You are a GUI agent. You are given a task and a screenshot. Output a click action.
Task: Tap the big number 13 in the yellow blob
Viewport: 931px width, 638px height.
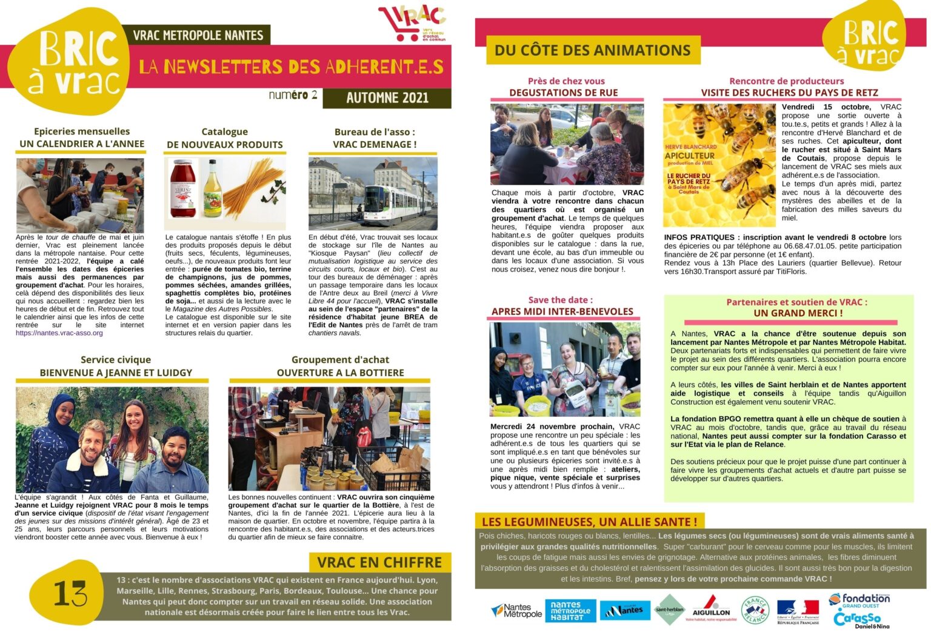(x=70, y=593)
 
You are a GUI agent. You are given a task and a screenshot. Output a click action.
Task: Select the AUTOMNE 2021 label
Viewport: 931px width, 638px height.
(x=387, y=98)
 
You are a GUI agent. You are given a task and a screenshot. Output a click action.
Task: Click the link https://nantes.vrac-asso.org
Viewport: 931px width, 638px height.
(x=59, y=333)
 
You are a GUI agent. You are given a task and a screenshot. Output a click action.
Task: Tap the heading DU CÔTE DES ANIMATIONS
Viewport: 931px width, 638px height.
(x=592, y=50)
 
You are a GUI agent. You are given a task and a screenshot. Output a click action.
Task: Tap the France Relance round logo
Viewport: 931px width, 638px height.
(x=755, y=610)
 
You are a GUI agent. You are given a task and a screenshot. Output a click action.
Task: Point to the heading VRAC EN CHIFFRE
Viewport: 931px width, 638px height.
(x=379, y=562)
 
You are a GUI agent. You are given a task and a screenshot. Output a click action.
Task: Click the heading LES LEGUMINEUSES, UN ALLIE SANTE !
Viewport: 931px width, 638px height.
(x=589, y=521)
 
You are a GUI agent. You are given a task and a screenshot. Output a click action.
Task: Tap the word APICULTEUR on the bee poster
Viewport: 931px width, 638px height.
(x=690, y=155)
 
